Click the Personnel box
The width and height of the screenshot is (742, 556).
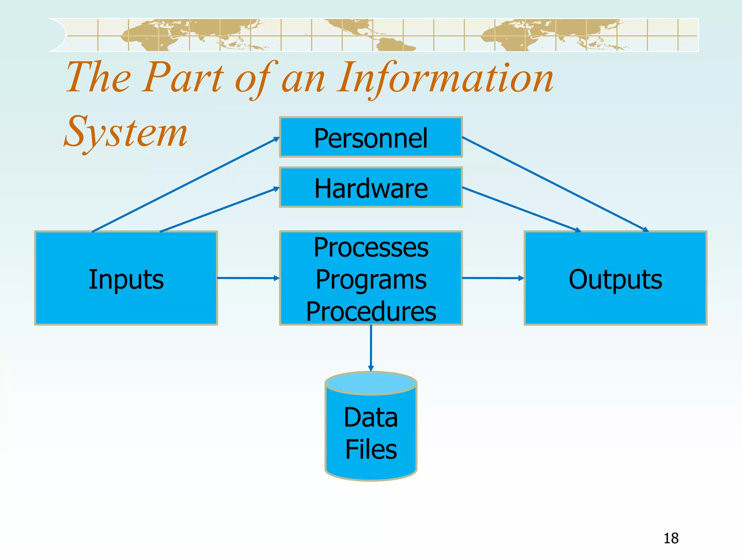371,138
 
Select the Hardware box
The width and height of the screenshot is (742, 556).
371,188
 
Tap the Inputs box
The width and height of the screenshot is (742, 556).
126,278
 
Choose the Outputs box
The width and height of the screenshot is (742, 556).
615,278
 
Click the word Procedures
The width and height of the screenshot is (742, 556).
371,311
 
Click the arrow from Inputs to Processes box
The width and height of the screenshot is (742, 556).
248,278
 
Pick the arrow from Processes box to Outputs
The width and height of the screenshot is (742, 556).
493,278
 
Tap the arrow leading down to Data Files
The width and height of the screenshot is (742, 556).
371,347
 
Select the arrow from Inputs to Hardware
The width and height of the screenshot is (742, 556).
219,210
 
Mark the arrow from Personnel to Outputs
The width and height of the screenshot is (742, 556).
554,184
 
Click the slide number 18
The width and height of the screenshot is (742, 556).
671,538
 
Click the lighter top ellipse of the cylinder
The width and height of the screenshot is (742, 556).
371,383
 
